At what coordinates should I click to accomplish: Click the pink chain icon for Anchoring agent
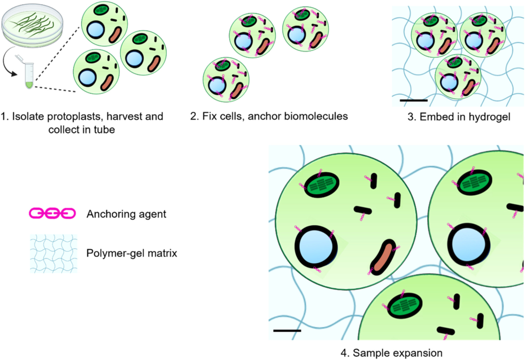pyautogui.click(x=52, y=213)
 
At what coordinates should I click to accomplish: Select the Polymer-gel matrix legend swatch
pyautogui.click(x=54, y=253)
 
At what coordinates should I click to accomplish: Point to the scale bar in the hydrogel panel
pyautogui.click(x=413, y=100)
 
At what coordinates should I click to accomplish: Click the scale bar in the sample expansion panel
pyautogui.click(x=287, y=330)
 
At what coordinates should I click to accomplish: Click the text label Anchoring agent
pyautogui.click(x=126, y=214)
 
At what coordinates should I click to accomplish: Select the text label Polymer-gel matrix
pyautogui.click(x=132, y=253)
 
